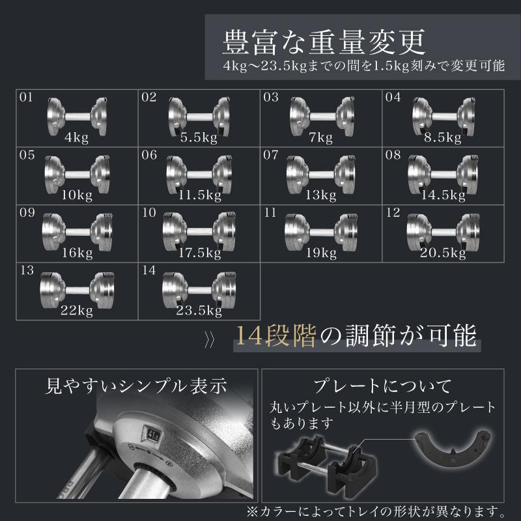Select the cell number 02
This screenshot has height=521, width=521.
(x=149, y=98)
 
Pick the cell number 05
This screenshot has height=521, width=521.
(x=27, y=155)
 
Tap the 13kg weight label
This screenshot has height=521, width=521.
(x=319, y=195)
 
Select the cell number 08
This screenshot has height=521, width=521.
(x=392, y=155)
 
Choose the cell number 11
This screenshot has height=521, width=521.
(x=270, y=212)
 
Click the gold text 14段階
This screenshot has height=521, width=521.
(x=276, y=337)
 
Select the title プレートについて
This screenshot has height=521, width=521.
(x=382, y=386)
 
